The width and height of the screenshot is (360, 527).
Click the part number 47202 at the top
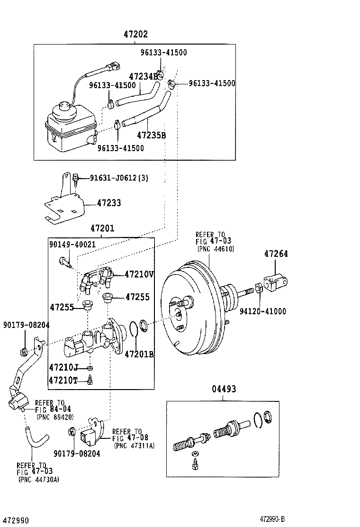[x=135, y=34]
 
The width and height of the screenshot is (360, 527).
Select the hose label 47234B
[x=143, y=76]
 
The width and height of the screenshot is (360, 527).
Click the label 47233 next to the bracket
[x=109, y=203]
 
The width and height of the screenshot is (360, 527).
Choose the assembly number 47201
[x=102, y=228]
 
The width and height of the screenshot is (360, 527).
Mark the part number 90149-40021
[x=72, y=244]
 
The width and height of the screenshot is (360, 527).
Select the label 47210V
[x=140, y=274]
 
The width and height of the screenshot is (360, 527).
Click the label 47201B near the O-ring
[x=139, y=354]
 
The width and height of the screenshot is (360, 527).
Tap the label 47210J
[x=63, y=367]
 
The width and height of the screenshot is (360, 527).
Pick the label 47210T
[x=63, y=380]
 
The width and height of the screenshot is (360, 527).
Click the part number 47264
[x=276, y=254]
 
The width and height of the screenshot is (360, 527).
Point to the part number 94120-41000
[x=262, y=311]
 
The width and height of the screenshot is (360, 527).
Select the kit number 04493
[x=224, y=389]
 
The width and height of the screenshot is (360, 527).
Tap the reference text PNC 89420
[x=55, y=417]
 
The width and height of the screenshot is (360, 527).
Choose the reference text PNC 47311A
[x=135, y=445]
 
